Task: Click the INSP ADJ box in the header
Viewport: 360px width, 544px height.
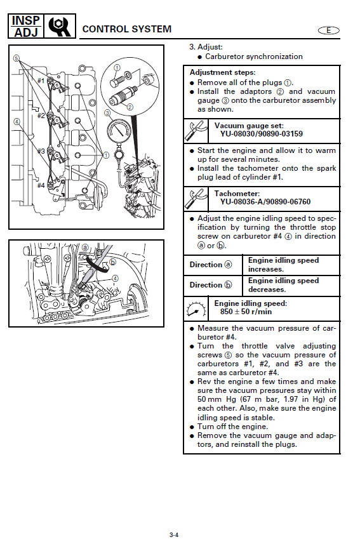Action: (x=26, y=26)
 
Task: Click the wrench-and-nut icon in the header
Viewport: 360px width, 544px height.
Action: (x=60, y=27)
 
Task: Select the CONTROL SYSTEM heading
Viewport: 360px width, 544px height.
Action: (x=127, y=29)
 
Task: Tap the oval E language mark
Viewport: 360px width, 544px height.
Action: (x=329, y=30)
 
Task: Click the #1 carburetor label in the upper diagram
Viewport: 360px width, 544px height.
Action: (x=41, y=81)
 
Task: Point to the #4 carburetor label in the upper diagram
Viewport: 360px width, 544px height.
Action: (x=41, y=185)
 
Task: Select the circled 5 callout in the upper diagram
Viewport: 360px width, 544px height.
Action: (x=17, y=58)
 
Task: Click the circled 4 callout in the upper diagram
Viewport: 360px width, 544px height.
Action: (x=17, y=121)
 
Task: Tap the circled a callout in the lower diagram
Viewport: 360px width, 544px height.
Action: (x=85, y=248)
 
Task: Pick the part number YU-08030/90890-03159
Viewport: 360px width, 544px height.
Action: (x=262, y=134)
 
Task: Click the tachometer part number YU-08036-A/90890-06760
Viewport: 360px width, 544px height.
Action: (x=265, y=202)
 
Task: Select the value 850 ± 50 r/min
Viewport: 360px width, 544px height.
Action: (x=246, y=312)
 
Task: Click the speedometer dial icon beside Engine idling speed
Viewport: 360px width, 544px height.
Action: (x=196, y=308)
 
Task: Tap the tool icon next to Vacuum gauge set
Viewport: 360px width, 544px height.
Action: (x=196, y=131)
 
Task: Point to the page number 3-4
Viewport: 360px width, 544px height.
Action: (x=174, y=534)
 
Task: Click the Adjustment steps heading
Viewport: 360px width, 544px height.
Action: (x=222, y=72)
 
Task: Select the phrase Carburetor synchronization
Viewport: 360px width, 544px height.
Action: (x=254, y=56)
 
